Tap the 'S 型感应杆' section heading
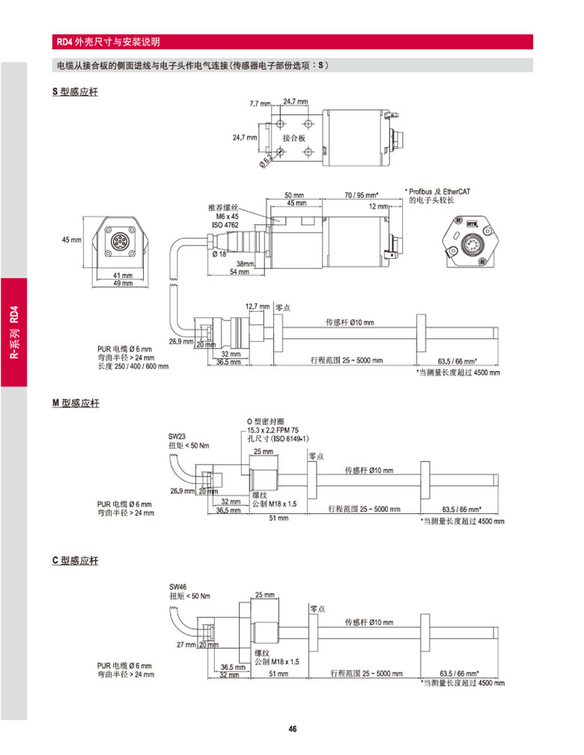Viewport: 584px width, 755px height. click(x=75, y=93)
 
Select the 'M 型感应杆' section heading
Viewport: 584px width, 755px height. click(x=76, y=403)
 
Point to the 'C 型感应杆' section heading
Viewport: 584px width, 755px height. click(x=75, y=560)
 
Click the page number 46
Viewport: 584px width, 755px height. click(x=293, y=729)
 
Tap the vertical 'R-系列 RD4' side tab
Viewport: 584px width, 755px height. click(x=14, y=332)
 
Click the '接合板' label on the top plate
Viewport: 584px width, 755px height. click(x=293, y=138)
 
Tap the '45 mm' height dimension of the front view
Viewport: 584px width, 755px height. click(x=71, y=239)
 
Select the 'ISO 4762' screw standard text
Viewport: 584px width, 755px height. click(x=226, y=224)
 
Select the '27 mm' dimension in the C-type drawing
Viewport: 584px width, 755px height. click(x=186, y=644)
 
